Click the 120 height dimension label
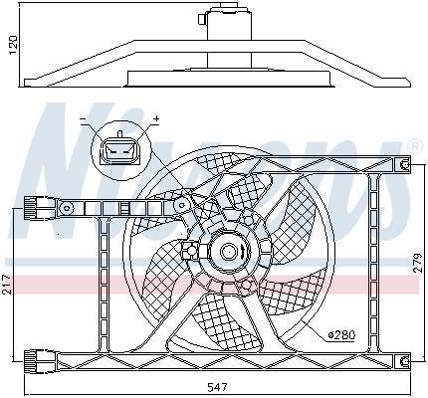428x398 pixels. pyautogui.click(x=11, y=46)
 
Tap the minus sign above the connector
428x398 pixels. pyautogui.click(x=84, y=120)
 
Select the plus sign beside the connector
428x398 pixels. pyautogui.click(x=156, y=120)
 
